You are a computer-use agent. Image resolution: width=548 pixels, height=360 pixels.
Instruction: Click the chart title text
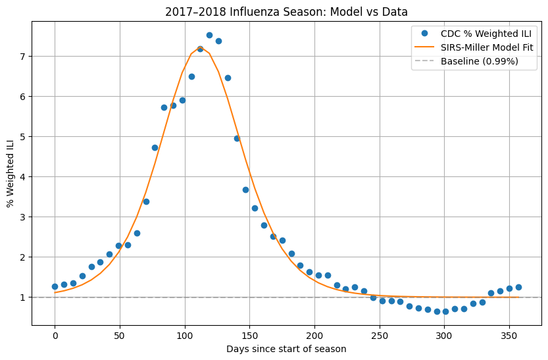[x=287, y=11]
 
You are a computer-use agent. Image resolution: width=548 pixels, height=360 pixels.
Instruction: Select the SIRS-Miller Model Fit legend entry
[x=486, y=47]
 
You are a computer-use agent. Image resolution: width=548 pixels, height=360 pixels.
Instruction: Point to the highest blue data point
[x=209, y=35]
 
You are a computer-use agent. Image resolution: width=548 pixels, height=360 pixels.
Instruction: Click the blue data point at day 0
[x=55, y=286]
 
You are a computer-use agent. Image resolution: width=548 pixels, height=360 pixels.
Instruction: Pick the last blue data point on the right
[x=518, y=287]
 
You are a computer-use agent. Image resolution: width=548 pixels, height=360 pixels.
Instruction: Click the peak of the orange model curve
[x=200, y=47]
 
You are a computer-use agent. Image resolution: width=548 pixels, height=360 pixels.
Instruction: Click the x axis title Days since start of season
[x=286, y=349]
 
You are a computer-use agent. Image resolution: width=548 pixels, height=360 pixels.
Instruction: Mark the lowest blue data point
[x=437, y=311]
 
